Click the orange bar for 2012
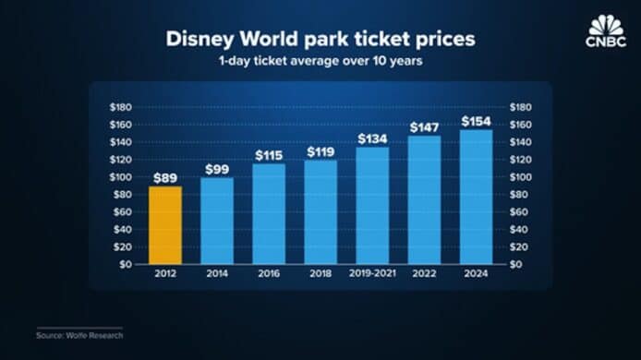click(165, 225)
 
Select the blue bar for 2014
click(217, 221)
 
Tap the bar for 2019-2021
click(372, 206)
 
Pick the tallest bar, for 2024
click(477, 197)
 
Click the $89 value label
click(165, 178)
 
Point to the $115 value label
click(269, 156)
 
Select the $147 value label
click(424, 128)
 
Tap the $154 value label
click(477, 121)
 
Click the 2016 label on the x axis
click(269, 273)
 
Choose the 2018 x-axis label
click(320, 273)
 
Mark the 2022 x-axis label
click(424, 273)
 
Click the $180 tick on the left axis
click(121, 107)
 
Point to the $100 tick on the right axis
click(520, 177)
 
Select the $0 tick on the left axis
click(126, 264)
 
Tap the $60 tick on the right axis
click(519, 211)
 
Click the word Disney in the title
click(200, 40)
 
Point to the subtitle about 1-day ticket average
click(320, 61)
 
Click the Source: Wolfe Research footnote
click(79, 335)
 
